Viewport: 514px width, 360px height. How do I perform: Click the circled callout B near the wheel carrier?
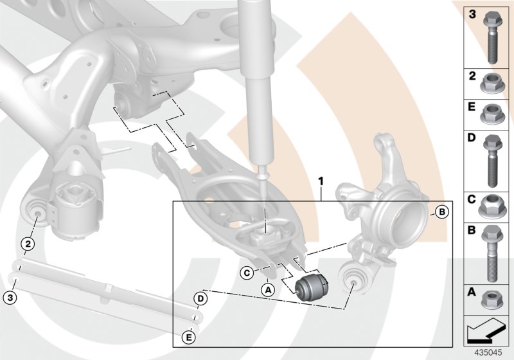tap(441, 212)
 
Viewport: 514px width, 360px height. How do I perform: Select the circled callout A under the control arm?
tap(269, 290)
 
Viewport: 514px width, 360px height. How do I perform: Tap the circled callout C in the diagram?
tap(246, 273)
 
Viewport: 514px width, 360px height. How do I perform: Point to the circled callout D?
tap(200, 298)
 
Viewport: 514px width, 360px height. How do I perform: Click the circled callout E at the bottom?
tap(189, 337)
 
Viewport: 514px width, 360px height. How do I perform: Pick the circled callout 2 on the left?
tap(28, 244)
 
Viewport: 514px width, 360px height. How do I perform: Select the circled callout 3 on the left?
tap(9, 297)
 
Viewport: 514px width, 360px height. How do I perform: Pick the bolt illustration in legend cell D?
tap(493, 159)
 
